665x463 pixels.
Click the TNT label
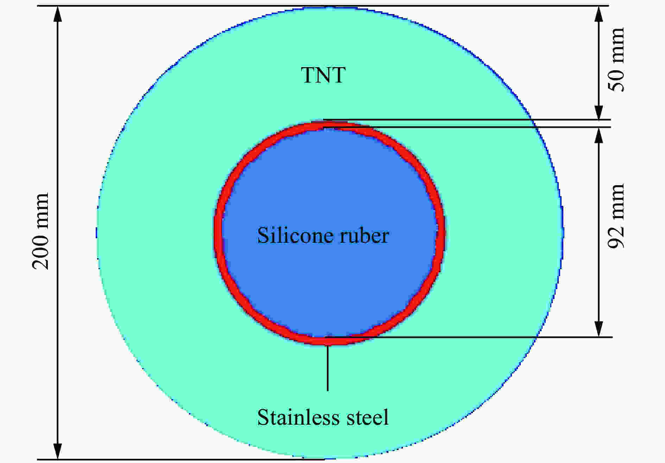tap(323, 75)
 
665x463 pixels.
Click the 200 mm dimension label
tap(40, 231)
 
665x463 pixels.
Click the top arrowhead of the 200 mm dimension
tap(58, 14)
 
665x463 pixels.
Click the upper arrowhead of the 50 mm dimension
tap(599, 14)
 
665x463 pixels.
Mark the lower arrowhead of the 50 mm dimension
tap(599, 111)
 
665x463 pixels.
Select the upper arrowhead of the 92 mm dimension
tap(599, 136)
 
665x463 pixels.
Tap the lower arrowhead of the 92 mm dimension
tap(599, 328)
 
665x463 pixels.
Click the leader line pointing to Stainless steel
tap(328, 368)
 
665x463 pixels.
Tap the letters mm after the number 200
tap(40, 209)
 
